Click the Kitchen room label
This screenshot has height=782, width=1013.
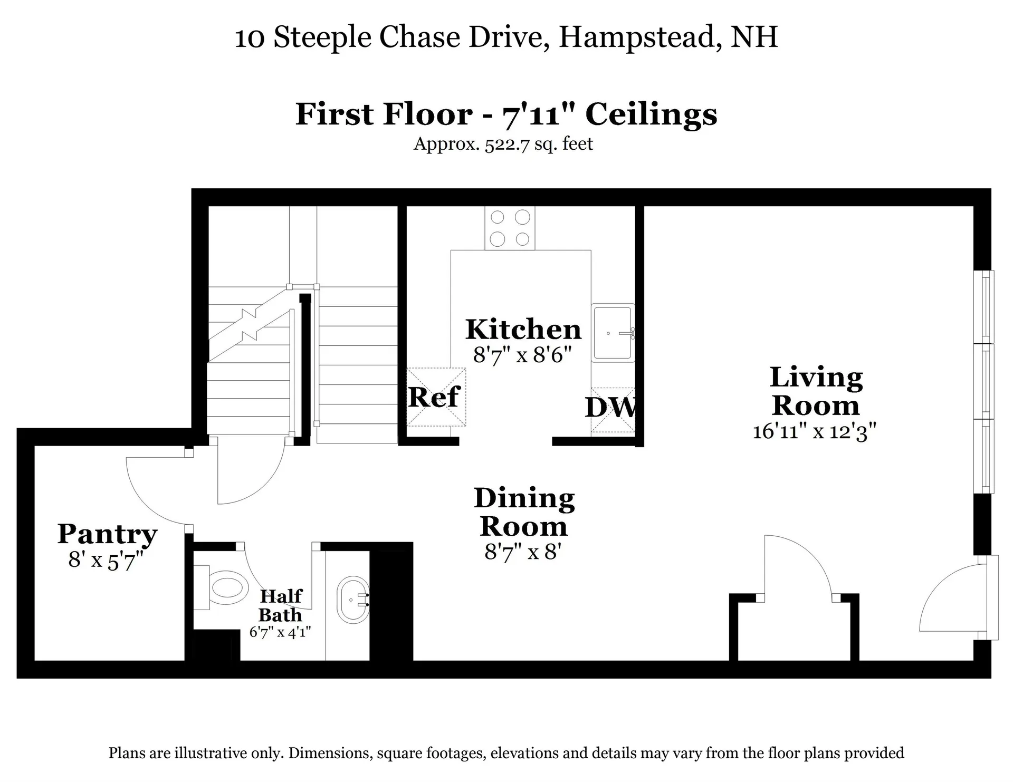point(523,330)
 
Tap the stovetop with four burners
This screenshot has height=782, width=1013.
point(510,228)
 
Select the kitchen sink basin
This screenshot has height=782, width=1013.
point(612,333)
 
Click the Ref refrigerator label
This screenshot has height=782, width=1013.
point(434,397)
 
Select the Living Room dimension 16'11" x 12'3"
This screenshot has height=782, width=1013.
point(814,431)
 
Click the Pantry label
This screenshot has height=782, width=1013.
point(107,534)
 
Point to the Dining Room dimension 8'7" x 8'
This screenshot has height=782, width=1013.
point(522,552)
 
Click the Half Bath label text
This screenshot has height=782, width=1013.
point(281,605)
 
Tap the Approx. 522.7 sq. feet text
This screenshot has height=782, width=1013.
point(503,144)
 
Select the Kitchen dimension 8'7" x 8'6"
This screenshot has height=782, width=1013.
point(522,355)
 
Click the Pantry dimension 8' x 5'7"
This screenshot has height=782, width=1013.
point(106,560)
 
